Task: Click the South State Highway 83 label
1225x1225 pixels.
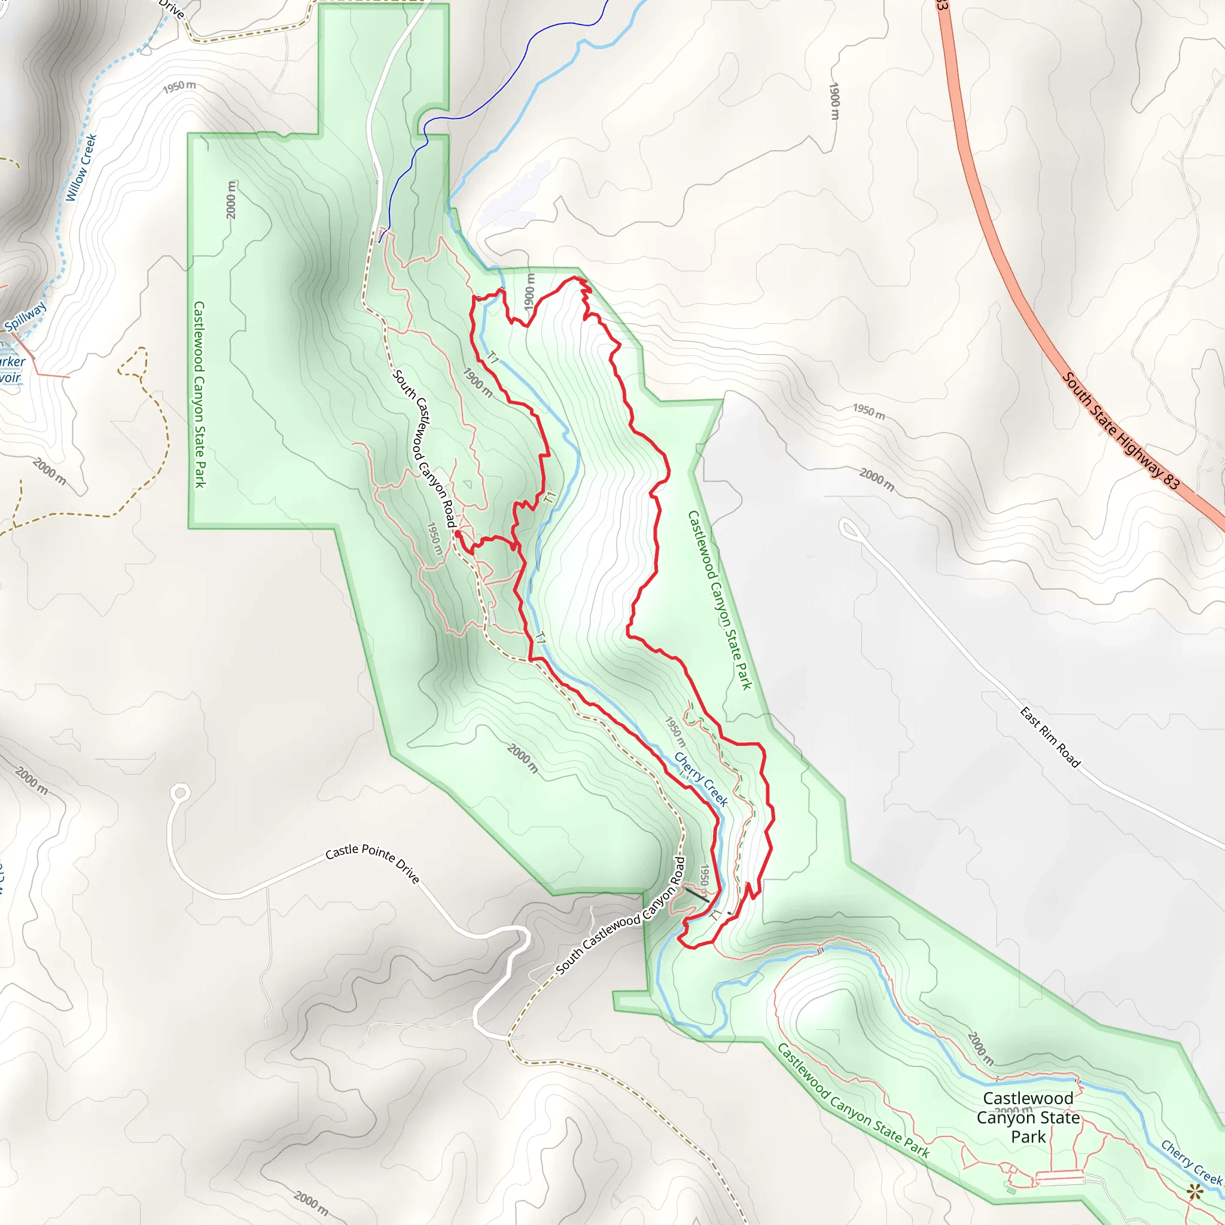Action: pyautogui.click(x=1120, y=431)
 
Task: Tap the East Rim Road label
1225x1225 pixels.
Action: pyautogui.click(x=1049, y=738)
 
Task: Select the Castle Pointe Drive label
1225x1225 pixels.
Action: pyautogui.click(x=372, y=862)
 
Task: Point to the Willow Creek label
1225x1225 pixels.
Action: pyautogui.click(x=81, y=167)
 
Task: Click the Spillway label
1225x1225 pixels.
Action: pyautogui.click(x=25, y=316)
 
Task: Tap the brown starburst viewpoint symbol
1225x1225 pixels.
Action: pyautogui.click(x=1194, y=1191)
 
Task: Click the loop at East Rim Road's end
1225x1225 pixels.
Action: pyautogui.click(x=848, y=528)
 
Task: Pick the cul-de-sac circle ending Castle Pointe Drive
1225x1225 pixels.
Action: pyautogui.click(x=181, y=793)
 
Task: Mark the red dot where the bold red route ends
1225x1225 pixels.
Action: pyautogui.click(x=458, y=535)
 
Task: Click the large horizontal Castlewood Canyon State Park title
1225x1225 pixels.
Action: pyautogui.click(x=1028, y=1117)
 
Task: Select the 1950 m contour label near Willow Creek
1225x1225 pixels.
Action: pyautogui.click(x=179, y=87)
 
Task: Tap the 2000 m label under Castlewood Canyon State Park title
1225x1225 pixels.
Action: pyautogui.click(x=1013, y=1111)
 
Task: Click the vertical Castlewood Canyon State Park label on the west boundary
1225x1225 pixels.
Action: pyautogui.click(x=199, y=394)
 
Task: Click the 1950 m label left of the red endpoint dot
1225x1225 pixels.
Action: pyautogui.click(x=434, y=538)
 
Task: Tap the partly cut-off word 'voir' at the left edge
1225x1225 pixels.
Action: pyautogui.click(x=10, y=378)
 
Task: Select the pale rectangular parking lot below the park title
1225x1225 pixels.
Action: pyautogui.click(x=1059, y=1181)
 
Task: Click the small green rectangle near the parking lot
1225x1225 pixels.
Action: pyautogui.click(x=1011, y=1192)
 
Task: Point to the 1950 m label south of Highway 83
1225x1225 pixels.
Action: pyautogui.click(x=869, y=412)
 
